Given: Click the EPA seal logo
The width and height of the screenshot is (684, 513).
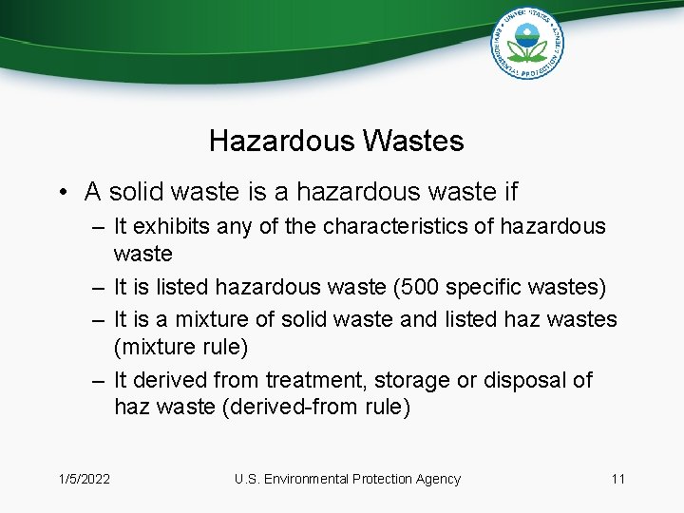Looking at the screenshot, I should pos(527,43).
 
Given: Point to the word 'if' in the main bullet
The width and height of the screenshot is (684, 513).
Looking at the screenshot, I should pos(508,192).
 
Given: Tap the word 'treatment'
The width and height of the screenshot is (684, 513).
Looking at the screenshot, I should pos(314,380).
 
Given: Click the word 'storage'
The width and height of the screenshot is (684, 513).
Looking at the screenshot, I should pos(409,380).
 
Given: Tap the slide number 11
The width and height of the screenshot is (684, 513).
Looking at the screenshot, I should pos(617,479).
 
